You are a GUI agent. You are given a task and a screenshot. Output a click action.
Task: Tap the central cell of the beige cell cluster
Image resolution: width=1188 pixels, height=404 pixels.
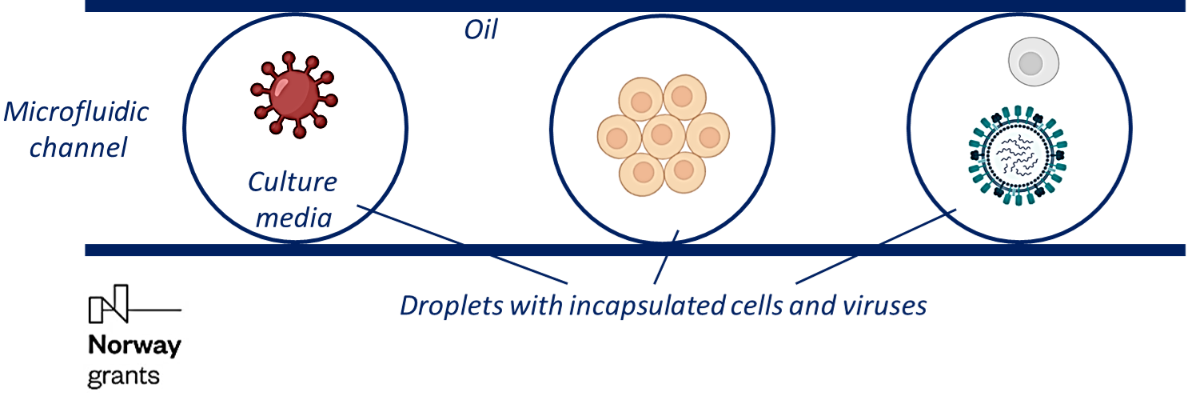pyautogui.click(x=664, y=136)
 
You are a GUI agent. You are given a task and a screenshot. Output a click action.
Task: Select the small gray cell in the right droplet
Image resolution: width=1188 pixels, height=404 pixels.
pyautogui.click(x=1033, y=62)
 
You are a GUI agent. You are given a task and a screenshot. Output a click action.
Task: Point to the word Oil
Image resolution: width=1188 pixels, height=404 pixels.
pyautogui.click(x=480, y=30)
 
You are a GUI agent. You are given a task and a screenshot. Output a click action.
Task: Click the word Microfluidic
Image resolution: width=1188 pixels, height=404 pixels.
pyautogui.click(x=77, y=111)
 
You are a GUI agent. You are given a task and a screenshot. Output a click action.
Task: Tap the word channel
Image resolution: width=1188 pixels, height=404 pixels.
pyautogui.click(x=78, y=147)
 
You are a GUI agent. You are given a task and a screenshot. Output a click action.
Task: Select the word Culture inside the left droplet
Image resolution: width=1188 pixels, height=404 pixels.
pyautogui.click(x=292, y=182)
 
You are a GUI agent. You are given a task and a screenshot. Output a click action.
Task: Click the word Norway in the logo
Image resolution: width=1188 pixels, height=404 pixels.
pyautogui.click(x=134, y=347)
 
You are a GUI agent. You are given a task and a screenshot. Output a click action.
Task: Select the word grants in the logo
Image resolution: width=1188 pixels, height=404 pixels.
pyautogui.click(x=123, y=375)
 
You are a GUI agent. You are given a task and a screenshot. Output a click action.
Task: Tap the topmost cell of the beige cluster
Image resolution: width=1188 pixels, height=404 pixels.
pyautogui.click(x=681, y=97)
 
